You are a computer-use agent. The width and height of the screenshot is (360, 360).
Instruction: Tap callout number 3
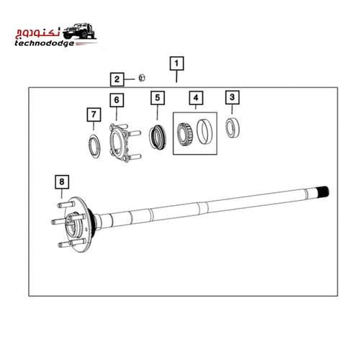click(x=231, y=96)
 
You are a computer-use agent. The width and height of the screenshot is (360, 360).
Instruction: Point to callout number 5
click(x=157, y=97)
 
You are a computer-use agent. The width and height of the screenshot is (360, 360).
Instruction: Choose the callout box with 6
click(x=117, y=99)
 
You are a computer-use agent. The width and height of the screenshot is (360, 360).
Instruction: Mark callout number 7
click(x=91, y=114)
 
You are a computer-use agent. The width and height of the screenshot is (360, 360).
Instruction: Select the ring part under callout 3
click(x=233, y=127)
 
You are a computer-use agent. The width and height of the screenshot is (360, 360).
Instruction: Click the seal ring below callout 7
click(x=93, y=143)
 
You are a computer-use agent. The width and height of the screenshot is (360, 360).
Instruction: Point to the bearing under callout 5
click(x=157, y=135)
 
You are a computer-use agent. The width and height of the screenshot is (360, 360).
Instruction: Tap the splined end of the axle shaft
click(x=322, y=192)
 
